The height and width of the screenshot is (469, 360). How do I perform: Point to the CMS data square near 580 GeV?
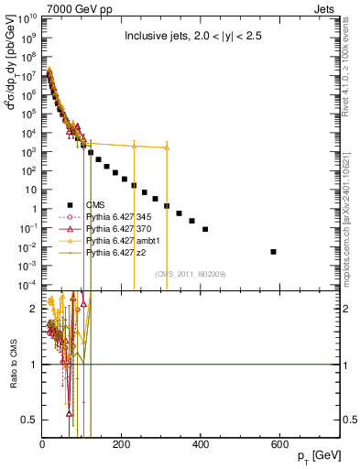274,251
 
